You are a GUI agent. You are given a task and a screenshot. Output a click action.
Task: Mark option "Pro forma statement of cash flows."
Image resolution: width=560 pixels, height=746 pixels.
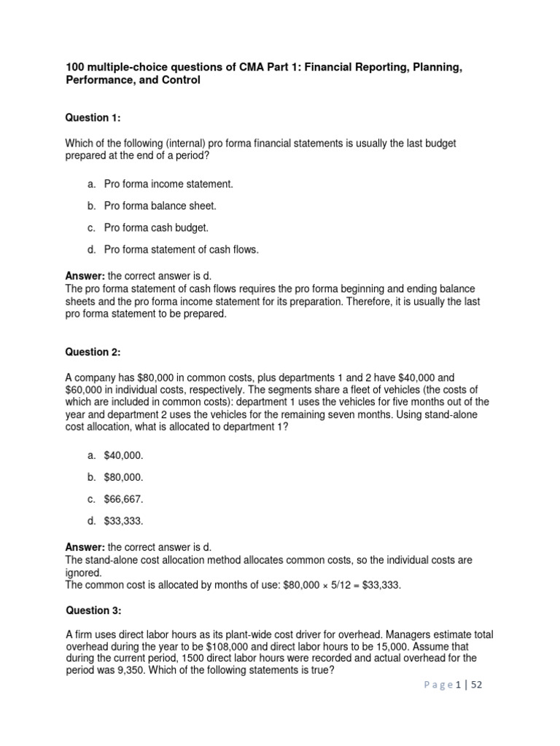point(181,250)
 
